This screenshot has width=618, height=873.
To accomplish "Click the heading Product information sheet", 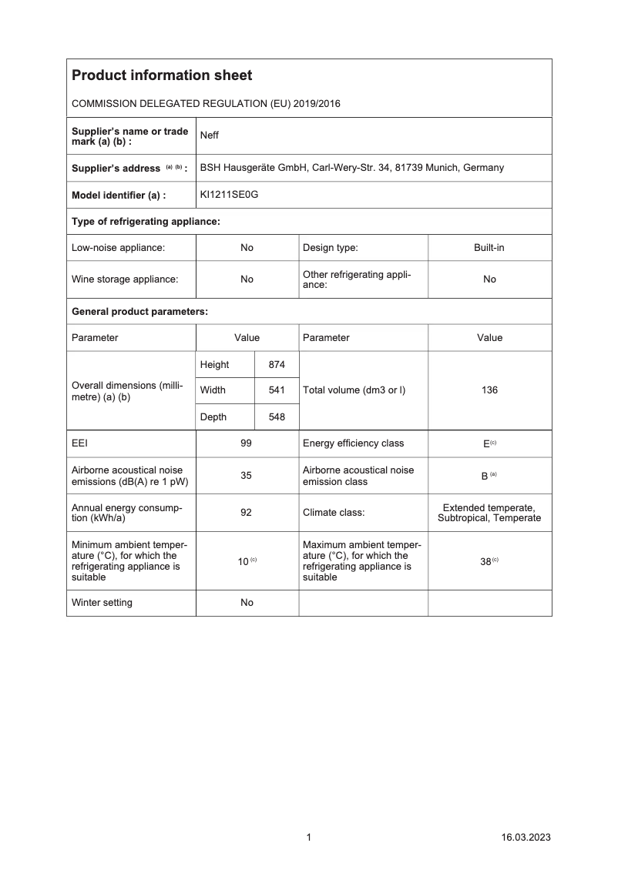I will click(x=162, y=75).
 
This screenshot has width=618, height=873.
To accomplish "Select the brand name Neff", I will click(x=210, y=135).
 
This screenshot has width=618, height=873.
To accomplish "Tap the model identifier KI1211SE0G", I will click(x=229, y=195).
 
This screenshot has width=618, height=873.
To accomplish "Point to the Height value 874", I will click(x=277, y=364).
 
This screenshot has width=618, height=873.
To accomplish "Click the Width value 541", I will click(x=277, y=390).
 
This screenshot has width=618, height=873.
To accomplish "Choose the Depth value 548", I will click(x=277, y=416).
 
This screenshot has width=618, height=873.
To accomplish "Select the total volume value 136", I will click(x=489, y=390).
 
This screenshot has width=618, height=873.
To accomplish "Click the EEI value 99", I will click(x=247, y=443).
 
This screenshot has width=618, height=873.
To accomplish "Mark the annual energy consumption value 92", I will click(x=247, y=513).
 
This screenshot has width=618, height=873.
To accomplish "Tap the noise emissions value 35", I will click(x=247, y=476).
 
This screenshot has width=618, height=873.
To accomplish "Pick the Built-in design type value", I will click(x=489, y=248).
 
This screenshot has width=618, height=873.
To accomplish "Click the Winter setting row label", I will click(x=102, y=603).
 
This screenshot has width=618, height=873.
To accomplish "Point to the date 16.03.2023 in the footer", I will click(x=526, y=838).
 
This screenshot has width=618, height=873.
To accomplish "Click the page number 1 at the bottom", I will click(x=309, y=838).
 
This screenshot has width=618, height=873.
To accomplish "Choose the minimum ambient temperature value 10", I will click(x=243, y=561).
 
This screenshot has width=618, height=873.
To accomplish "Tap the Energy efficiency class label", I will click(x=353, y=443).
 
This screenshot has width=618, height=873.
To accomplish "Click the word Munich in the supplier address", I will click(x=446, y=167).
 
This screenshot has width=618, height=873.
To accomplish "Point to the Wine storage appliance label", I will click(x=125, y=279).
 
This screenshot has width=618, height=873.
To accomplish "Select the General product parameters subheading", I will click(x=139, y=312).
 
